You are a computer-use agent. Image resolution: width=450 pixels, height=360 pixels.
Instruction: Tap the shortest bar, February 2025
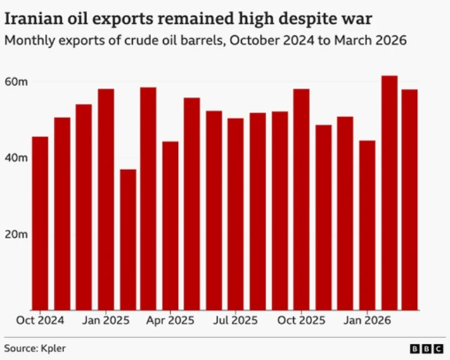tap(127, 239)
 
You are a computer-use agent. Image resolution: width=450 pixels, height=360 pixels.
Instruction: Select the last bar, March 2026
tap(410, 200)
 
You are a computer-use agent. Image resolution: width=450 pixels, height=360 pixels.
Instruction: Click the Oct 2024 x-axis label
tap(40, 320)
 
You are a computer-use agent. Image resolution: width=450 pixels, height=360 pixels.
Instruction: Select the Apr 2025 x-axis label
tap(170, 320)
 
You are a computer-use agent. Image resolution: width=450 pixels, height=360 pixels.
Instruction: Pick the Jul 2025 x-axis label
tap(236, 320)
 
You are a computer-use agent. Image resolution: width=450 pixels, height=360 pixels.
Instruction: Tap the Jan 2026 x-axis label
tap(366, 320)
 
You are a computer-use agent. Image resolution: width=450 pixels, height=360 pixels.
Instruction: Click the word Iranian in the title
tap(32, 17)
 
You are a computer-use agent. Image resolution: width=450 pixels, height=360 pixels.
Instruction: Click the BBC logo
tap(426, 347)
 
